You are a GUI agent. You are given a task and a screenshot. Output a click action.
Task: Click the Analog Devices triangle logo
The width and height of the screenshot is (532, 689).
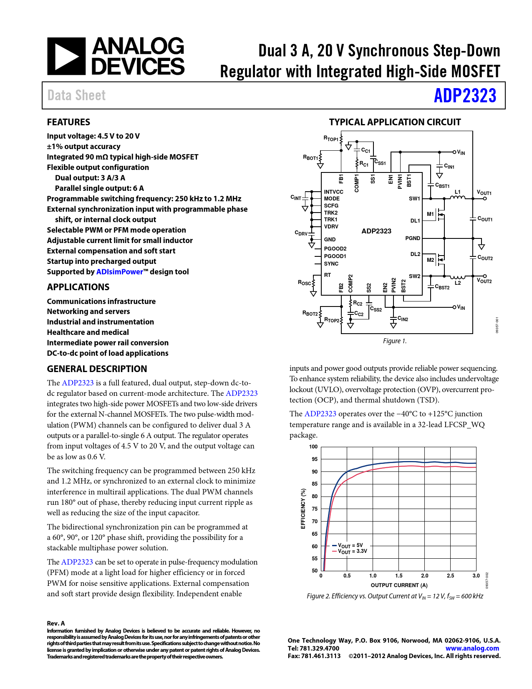click(x=66, y=56)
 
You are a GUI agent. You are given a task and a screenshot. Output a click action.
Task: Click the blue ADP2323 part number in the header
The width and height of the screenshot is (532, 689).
click(x=465, y=96)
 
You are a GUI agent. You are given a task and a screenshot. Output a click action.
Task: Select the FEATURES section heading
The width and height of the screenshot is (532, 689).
click(x=68, y=122)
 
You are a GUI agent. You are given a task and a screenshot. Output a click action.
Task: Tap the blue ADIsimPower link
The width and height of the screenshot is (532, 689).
click(x=119, y=272)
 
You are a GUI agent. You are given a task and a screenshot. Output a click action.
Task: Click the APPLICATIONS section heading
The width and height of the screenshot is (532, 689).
click(x=78, y=287)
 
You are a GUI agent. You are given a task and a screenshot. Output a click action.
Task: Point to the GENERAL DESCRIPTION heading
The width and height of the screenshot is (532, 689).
click(x=97, y=369)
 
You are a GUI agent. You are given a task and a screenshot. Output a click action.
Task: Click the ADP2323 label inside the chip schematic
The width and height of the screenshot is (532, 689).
click(x=376, y=231)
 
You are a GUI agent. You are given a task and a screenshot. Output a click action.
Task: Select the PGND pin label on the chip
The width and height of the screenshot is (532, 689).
click(x=413, y=238)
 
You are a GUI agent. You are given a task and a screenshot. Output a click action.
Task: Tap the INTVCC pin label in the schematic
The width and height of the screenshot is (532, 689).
click(x=333, y=192)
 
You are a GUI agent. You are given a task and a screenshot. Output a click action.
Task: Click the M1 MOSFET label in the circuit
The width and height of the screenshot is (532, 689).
click(x=430, y=214)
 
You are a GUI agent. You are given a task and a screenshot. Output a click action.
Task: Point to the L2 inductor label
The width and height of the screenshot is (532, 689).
click(x=458, y=283)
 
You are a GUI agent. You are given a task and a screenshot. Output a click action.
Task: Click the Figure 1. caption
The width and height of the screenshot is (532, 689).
click(x=394, y=341)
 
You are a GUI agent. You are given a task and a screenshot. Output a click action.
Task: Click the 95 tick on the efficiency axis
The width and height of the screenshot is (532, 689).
click(x=314, y=459)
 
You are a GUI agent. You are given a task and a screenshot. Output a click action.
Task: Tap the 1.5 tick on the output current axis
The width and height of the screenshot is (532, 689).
click(x=398, y=575)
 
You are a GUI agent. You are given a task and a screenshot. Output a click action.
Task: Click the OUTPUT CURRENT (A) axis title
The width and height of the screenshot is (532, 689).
click(x=399, y=585)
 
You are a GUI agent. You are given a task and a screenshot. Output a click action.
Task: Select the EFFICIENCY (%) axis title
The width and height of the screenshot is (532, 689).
click(x=303, y=509)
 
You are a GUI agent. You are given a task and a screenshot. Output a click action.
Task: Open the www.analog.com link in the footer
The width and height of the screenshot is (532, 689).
click(x=472, y=648)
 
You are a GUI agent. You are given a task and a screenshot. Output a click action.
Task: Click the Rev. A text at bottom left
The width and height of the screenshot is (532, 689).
click(x=56, y=623)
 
